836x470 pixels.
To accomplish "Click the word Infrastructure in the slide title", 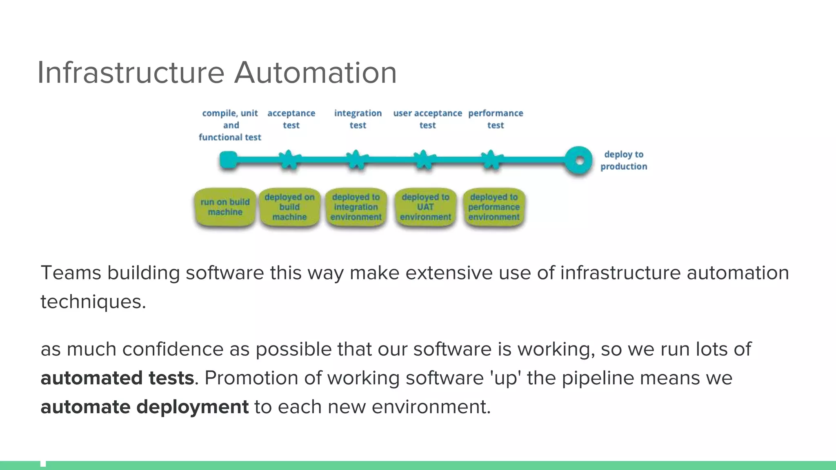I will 131,73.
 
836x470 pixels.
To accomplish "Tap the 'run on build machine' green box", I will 225,207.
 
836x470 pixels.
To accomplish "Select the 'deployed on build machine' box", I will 289,207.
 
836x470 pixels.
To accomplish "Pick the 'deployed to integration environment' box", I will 356,207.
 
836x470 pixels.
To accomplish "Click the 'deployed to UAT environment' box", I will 425,207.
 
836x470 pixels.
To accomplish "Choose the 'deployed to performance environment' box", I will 494,207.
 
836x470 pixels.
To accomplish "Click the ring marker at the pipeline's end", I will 578,160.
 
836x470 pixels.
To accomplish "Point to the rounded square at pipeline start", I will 228,160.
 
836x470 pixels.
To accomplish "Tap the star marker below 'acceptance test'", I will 289,160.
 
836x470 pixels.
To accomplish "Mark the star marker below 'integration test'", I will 357,160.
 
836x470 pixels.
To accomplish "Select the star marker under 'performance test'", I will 491,160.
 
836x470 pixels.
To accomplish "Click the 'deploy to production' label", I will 623,160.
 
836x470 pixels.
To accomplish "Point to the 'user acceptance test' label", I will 427,119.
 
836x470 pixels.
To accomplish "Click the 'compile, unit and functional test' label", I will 230,125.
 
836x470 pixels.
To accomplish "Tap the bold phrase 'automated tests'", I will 117,378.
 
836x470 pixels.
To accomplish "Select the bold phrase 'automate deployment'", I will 145,407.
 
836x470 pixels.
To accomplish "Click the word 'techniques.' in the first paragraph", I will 93,302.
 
